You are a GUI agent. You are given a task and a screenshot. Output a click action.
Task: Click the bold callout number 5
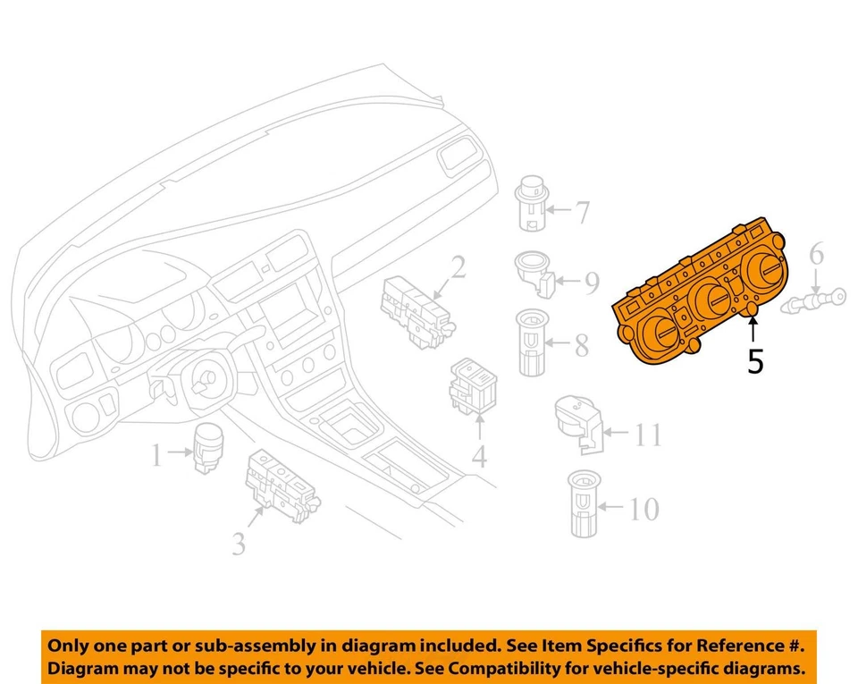755,361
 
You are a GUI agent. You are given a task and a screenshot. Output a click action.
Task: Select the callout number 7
582,213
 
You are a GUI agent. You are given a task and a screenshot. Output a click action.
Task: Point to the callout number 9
591,283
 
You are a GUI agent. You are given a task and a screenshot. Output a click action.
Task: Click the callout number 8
582,345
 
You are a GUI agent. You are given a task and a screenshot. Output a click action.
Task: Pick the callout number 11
648,435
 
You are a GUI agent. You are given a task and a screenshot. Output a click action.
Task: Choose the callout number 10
642,510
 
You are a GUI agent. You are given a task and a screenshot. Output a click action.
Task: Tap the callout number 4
480,458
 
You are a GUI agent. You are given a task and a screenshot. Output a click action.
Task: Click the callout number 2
458,267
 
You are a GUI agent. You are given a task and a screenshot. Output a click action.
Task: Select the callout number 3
239,543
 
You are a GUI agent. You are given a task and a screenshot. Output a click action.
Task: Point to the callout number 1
157,458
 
